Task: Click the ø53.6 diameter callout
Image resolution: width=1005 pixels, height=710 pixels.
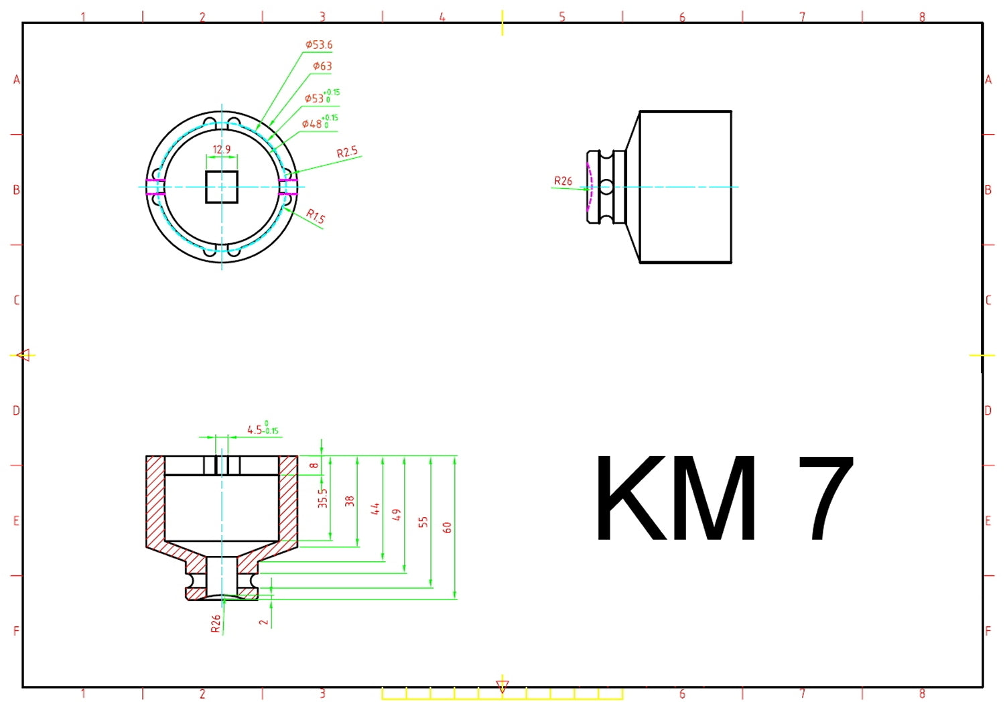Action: coord(319,45)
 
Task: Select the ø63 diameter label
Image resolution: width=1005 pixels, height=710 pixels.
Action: coord(322,66)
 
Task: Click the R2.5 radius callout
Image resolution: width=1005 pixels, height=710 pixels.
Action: coord(347,152)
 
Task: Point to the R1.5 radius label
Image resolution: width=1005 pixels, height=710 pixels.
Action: coord(316,216)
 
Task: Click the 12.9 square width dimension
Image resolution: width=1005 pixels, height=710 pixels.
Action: coord(222,149)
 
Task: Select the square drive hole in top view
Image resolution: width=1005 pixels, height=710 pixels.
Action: coord(222,187)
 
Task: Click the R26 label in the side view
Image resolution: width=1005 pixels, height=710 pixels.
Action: coord(563,181)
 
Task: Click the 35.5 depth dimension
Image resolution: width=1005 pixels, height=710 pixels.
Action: coord(323,498)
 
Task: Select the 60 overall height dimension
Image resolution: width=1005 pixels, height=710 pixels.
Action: coord(448,527)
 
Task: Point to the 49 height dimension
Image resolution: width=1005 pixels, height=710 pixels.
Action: coord(397,514)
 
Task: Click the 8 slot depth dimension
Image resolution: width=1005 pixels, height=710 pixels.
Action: coord(314,466)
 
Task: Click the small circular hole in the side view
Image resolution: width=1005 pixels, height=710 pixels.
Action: coord(606,187)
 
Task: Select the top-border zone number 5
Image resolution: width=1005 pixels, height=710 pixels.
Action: coord(562,17)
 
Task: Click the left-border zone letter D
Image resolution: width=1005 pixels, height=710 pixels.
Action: coord(16,411)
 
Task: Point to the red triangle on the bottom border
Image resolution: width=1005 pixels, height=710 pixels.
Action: coord(503,686)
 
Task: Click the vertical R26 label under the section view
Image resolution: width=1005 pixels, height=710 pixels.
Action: coord(215,624)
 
